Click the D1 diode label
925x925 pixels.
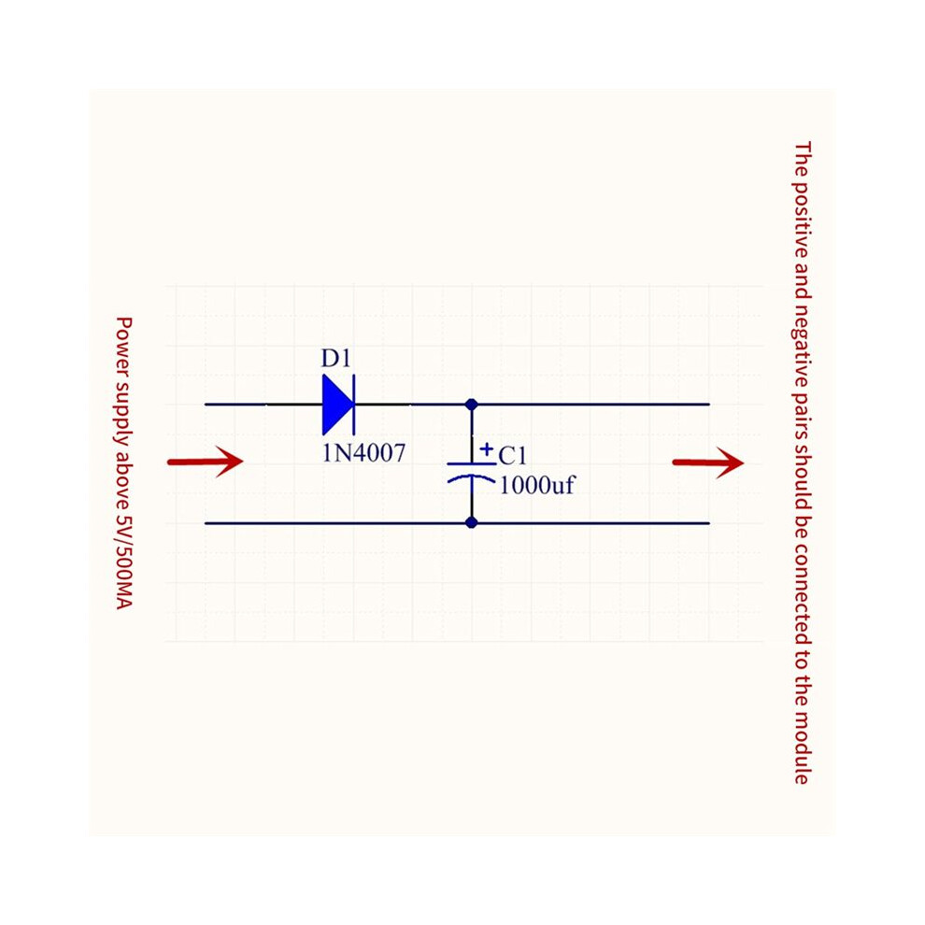pyautogui.click(x=335, y=358)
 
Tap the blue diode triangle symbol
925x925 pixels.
pyautogui.click(x=337, y=405)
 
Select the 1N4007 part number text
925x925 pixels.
pyautogui.click(x=364, y=453)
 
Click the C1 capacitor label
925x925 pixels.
pyautogui.click(x=512, y=455)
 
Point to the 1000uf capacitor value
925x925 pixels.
pyautogui.click(x=537, y=485)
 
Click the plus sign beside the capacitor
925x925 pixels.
pyautogui.click(x=486, y=449)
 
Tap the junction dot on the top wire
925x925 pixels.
pyautogui.click(x=471, y=405)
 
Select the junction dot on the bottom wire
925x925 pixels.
pyautogui.click(x=471, y=522)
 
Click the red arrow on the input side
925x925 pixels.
pyautogui.click(x=206, y=462)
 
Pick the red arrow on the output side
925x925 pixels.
pyautogui.click(x=708, y=462)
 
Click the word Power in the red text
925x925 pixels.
pyautogui.click(x=124, y=340)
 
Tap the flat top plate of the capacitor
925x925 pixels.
pyautogui.click(x=471, y=464)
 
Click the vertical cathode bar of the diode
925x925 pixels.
pyautogui.click(x=354, y=405)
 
